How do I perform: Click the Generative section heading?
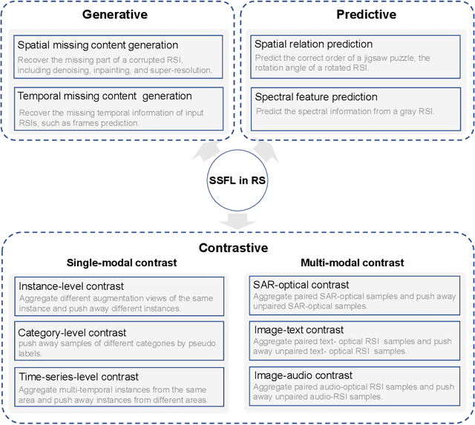(114, 14)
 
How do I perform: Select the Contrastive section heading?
(233, 248)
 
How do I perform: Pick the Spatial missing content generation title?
(97, 45)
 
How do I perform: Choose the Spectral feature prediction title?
(315, 96)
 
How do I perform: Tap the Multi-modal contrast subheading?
(353, 263)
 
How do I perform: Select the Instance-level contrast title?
(71, 286)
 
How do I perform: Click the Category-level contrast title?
(72, 332)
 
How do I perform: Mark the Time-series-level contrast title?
(79, 377)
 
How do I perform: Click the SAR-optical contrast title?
(301, 284)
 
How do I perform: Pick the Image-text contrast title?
(298, 330)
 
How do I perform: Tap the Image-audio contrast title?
(301, 375)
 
